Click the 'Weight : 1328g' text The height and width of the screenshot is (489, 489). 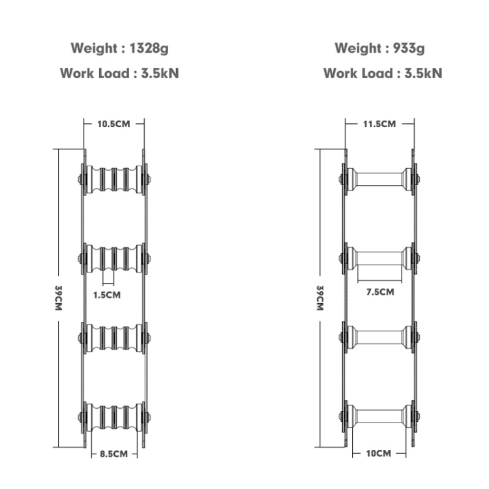tap(120, 49)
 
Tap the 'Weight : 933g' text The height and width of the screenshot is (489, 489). tap(379, 49)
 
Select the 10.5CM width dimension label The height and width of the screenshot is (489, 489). tap(113, 124)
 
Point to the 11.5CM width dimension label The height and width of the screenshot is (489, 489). tap(379, 124)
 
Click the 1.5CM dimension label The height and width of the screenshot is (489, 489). tap(107, 295)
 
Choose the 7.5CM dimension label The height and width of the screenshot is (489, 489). tap(380, 292)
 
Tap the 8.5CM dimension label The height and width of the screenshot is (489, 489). tap(114, 454)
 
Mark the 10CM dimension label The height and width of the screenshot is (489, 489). tap(379, 453)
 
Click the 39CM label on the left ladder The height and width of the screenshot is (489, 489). tap(58, 298)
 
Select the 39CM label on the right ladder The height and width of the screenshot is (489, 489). tap(320, 298)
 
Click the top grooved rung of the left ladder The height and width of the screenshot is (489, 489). tap(114, 179)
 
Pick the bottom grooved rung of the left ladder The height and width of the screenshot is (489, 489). tap(114, 417)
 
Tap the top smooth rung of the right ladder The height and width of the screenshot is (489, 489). tap(379, 179)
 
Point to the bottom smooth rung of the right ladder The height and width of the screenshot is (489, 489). tap(379, 416)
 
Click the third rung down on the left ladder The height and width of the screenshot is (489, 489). tap(114, 338)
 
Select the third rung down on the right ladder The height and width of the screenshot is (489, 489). tap(379, 337)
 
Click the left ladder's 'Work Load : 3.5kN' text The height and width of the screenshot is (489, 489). tap(119, 74)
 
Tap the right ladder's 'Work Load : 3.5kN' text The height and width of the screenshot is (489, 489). tap(383, 74)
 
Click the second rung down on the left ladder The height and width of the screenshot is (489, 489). tap(114, 259)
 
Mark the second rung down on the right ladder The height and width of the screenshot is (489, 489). tap(379, 258)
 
